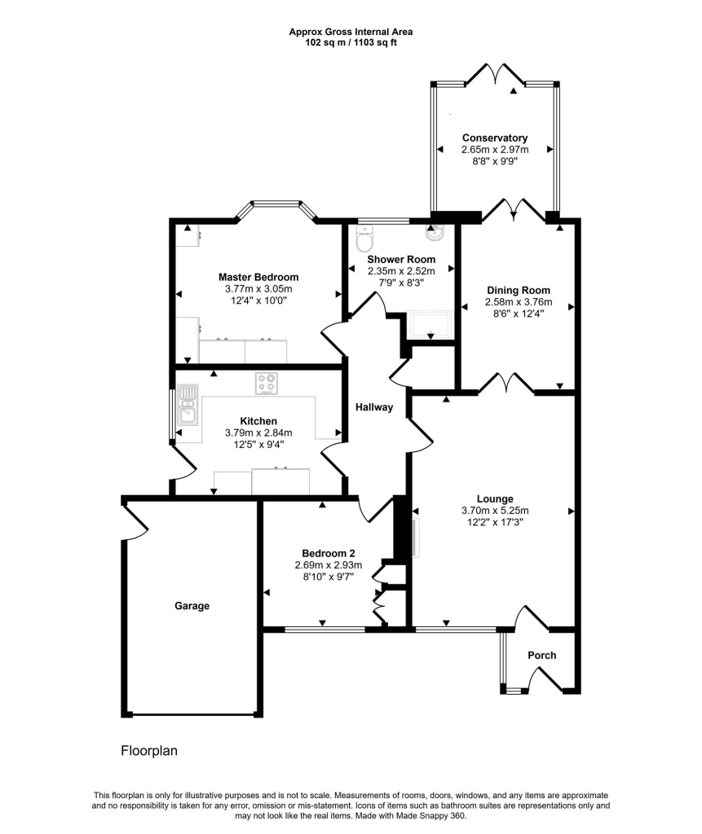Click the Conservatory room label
pyautogui.click(x=494, y=138)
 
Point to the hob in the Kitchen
pyautogui.click(x=267, y=383)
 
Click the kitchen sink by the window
pyautogui.click(x=188, y=406)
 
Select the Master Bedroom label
pyautogui.click(x=258, y=277)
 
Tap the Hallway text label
pyautogui.click(x=374, y=407)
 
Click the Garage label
pyautogui.click(x=192, y=606)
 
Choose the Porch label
pyautogui.click(x=542, y=656)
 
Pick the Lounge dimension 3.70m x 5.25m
pyautogui.click(x=495, y=511)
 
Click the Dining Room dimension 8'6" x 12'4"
pyautogui.click(x=519, y=313)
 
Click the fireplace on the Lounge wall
pyautogui.click(x=416, y=538)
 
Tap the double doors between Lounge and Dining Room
pyautogui.click(x=506, y=383)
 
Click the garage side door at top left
pyautogui.click(x=134, y=521)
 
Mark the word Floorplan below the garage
pyautogui.click(x=149, y=750)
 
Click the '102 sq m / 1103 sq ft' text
pyautogui.click(x=351, y=42)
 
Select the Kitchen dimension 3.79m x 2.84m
pyautogui.click(x=258, y=432)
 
